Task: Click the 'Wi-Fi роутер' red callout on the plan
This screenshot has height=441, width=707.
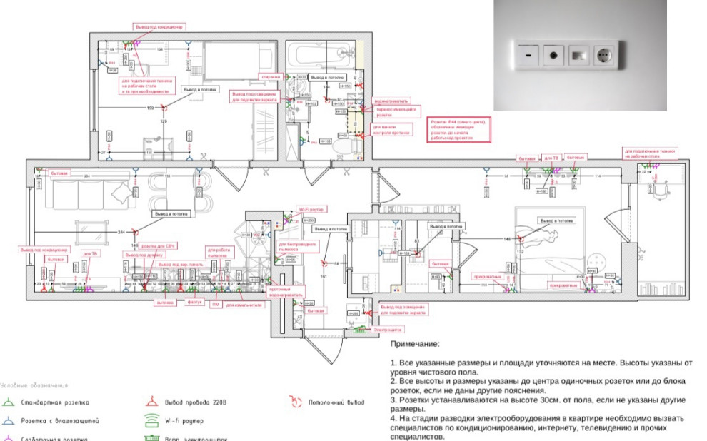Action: click(311, 210)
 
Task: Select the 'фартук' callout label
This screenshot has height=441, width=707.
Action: click(194, 302)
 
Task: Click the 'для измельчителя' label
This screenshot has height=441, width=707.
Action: click(243, 305)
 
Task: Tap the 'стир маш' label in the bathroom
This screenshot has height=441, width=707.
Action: click(269, 76)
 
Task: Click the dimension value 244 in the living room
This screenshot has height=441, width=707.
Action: click(121, 233)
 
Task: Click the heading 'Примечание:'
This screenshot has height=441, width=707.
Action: click(415, 344)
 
